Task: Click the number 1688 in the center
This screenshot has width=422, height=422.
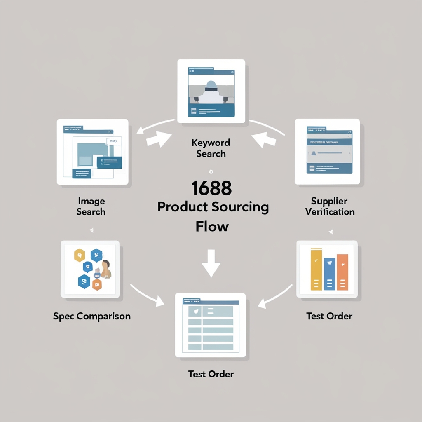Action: coord(211,189)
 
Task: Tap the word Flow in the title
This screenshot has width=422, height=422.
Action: coord(212,226)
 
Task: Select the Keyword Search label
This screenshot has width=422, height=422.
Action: coord(211,148)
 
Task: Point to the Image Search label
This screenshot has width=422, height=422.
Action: coord(91,206)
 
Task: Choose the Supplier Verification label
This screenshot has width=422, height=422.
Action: coord(329,206)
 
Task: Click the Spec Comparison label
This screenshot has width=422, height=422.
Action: coord(92,316)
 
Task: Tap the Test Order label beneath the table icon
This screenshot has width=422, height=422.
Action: coord(211,374)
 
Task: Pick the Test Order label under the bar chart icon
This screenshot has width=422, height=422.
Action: coord(329,316)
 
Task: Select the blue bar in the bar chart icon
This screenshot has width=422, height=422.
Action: coord(330,274)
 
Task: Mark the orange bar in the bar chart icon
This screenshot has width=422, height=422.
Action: coord(342,272)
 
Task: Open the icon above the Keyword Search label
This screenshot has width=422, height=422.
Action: coord(211,91)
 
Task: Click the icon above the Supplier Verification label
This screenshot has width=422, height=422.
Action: coord(327,151)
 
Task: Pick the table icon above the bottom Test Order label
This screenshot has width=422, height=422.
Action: coord(210,325)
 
